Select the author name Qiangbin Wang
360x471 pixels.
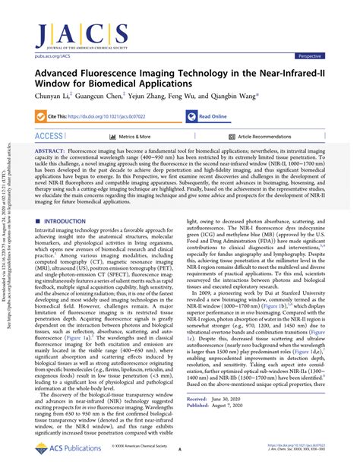[x=235, y=96]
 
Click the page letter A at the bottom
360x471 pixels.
[x=181, y=450]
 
